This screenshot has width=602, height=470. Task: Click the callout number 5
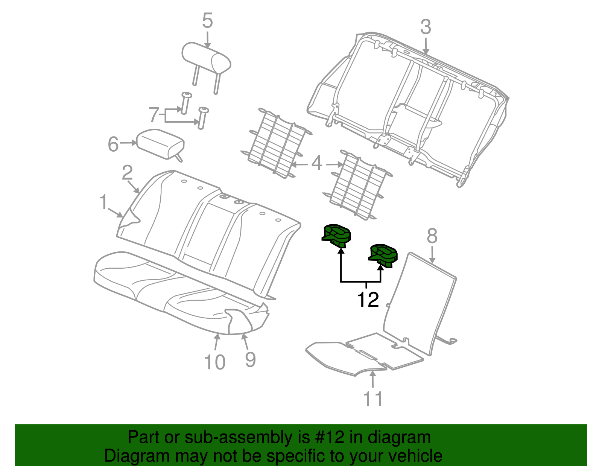pos(207,21)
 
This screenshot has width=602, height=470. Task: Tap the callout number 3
pos(426,27)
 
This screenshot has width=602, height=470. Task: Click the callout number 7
pos(154,115)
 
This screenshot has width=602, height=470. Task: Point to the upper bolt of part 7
pos(185,102)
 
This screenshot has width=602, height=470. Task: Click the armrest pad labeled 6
pos(160,144)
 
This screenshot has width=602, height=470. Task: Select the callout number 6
pos(113,144)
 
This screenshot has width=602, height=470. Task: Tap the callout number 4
pos(317,164)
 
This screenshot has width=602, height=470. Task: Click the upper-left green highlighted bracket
pos(337,235)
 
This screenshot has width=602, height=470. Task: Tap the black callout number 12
pos(368,300)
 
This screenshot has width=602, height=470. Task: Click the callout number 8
pos(432,236)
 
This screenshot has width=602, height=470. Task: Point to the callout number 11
pos(373,399)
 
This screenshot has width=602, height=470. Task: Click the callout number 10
pos(214,362)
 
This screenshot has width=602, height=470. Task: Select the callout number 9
pos(250,360)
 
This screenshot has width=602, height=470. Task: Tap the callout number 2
pos(127,173)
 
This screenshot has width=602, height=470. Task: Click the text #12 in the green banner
pos(328,437)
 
